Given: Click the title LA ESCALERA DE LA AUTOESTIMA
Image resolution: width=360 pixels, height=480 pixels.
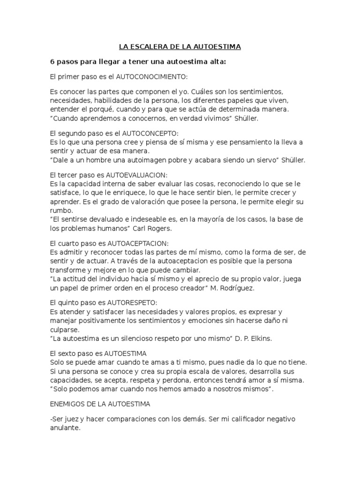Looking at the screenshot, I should (x=180, y=47).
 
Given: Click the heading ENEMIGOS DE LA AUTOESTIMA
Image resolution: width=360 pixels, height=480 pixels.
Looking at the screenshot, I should (x=100, y=403).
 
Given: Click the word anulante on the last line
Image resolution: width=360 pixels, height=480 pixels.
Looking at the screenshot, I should (x=65, y=428).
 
